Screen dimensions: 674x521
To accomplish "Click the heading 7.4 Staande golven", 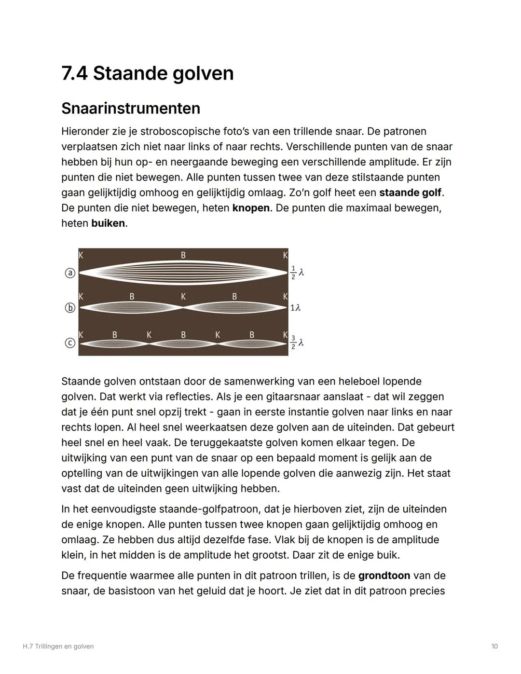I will coord(147,73).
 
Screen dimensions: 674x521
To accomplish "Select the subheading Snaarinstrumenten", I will coord(131,108).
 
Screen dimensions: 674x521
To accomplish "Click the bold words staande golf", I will coord(410,193).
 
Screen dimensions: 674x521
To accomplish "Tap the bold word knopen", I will coord(251,208).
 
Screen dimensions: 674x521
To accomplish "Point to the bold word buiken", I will coord(108,223).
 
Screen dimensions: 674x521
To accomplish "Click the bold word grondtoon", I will coord(384,576).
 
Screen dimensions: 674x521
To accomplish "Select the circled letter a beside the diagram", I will coord(70,273).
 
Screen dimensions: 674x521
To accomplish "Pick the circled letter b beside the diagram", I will coord(70,307).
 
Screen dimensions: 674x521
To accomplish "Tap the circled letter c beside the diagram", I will coord(70,343).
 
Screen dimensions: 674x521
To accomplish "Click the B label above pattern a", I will coord(183,255).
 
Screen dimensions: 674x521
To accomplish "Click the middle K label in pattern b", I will coord(183,297).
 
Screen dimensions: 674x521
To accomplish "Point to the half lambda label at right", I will coord(297,273).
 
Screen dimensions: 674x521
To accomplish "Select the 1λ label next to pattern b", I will coord(295,308).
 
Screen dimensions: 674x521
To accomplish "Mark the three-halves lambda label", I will coord(297,342).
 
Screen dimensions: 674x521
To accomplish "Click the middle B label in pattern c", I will coord(183,334).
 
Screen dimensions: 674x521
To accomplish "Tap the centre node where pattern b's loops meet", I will coord(183,307).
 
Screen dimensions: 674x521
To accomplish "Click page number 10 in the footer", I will coord(494,646).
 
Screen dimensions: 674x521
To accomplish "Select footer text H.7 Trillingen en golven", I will coord(58,646).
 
